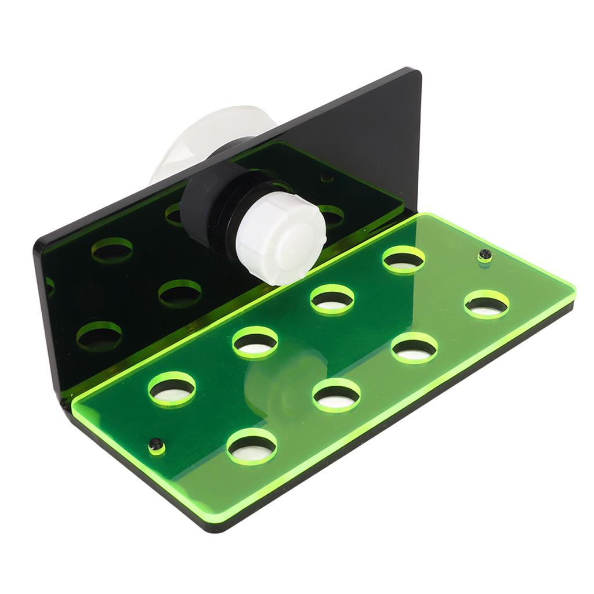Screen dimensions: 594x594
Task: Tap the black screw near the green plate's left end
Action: [x=155, y=445]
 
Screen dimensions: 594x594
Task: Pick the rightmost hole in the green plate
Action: [x=486, y=305]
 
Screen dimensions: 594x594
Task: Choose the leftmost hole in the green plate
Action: [x=172, y=389]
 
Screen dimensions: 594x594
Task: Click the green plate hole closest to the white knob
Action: [x=332, y=299]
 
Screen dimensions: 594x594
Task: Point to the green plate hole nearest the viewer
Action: [x=252, y=447]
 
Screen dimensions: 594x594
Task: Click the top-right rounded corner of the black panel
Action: [x=415, y=73]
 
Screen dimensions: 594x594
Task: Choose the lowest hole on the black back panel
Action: [x=99, y=336]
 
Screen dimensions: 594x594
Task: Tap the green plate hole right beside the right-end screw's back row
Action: [x=404, y=259]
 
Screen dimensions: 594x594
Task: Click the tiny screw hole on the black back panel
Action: [x=327, y=177]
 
